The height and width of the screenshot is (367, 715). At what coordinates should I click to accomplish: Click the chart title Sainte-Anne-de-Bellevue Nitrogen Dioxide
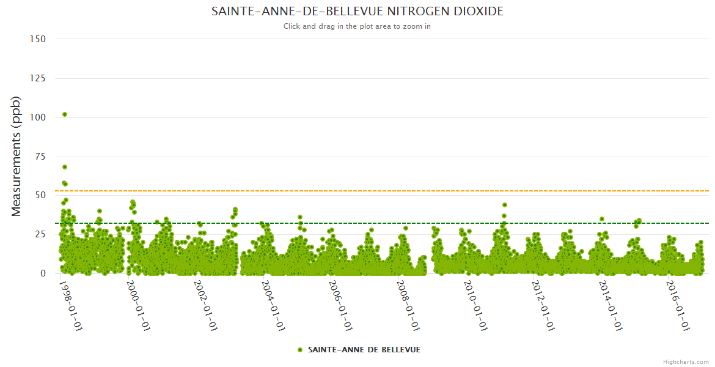click(x=358, y=12)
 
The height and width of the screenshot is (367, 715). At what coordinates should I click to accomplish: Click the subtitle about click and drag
click(x=358, y=26)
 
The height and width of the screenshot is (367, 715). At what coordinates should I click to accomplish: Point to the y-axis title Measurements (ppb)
click(x=16, y=156)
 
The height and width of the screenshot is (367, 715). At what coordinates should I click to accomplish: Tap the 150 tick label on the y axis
click(x=38, y=39)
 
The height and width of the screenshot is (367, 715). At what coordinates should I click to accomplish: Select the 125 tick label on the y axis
click(x=38, y=78)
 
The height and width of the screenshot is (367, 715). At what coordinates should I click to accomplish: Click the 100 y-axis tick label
click(x=38, y=117)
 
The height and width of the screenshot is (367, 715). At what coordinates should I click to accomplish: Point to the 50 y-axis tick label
click(x=40, y=196)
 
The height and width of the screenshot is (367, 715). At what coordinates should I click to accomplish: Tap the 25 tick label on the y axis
click(x=40, y=234)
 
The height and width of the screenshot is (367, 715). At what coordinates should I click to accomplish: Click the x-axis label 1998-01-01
click(x=70, y=305)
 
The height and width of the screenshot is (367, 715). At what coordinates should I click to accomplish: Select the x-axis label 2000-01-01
click(x=138, y=305)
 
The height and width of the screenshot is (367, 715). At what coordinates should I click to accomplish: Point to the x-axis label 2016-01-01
click(x=679, y=305)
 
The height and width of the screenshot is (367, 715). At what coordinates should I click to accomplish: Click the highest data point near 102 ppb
click(x=65, y=114)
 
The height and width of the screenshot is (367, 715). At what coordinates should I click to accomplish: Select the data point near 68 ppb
click(x=65, y=167)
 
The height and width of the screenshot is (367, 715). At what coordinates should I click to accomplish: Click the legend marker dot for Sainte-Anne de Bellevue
click(x=299, y=350)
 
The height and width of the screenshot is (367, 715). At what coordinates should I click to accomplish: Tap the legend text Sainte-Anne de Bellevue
click(x=364, y=350)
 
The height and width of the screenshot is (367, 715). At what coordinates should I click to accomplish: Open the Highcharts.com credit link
click(x=686, y=361)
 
